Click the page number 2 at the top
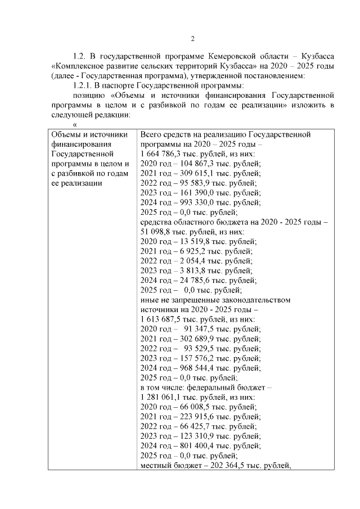(192, 39)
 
